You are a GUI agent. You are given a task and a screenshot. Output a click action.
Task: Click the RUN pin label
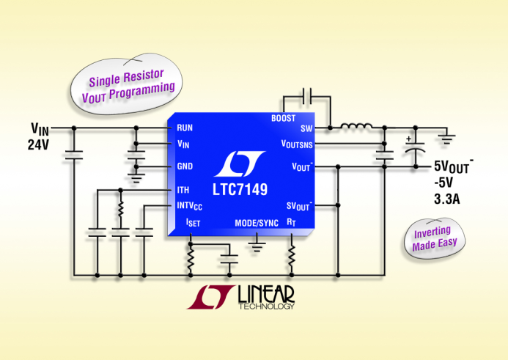point(185,128)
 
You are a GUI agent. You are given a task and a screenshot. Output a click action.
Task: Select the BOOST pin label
point(283,118)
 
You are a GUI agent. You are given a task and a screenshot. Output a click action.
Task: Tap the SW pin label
point(306,128)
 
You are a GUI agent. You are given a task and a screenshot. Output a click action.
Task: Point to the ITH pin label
point(183,190)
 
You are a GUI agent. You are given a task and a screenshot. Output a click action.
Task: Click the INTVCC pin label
point(190,206)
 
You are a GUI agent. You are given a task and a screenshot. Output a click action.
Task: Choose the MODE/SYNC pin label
point(257,223)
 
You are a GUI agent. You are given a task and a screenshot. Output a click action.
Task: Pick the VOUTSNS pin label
point(297,144)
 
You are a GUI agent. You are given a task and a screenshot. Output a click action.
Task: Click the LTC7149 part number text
point(240,190)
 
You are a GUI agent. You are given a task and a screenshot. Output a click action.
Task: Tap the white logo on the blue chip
point(240,164)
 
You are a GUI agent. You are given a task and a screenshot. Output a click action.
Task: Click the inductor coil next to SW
point(356,126)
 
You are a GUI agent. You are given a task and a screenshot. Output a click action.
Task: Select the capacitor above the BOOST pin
point(307,96)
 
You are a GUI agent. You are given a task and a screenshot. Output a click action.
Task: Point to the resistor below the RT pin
point(292,255)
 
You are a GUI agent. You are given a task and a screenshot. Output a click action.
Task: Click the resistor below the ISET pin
point(191,258)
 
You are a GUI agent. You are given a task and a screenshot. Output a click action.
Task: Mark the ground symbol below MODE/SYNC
point(257,246)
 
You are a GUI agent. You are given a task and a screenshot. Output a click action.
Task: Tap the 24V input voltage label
point(38,144)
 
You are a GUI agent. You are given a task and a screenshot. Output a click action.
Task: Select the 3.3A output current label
point(447,199)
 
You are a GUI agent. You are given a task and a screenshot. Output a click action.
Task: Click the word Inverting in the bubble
point(432,232)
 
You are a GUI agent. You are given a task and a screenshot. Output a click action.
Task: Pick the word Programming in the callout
point(142,91)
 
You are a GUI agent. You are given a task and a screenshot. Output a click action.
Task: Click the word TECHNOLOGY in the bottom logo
point(266,306)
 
